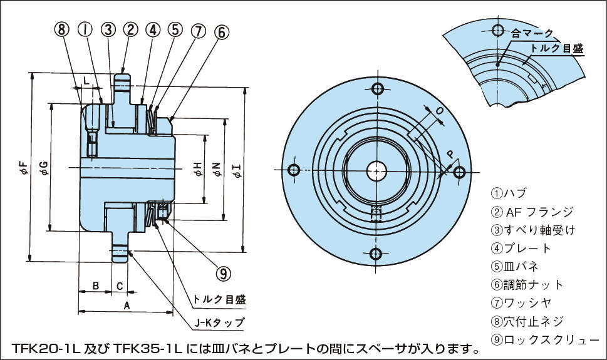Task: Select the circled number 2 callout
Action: [130, 29]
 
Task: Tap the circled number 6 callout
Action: [222, 31]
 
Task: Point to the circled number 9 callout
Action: [223, 272]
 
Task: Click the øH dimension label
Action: [197, 167]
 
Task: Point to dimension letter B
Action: [95, 286]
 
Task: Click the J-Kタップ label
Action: [219, 323]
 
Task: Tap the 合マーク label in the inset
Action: [531, 33]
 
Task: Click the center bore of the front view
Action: [376, 170]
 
